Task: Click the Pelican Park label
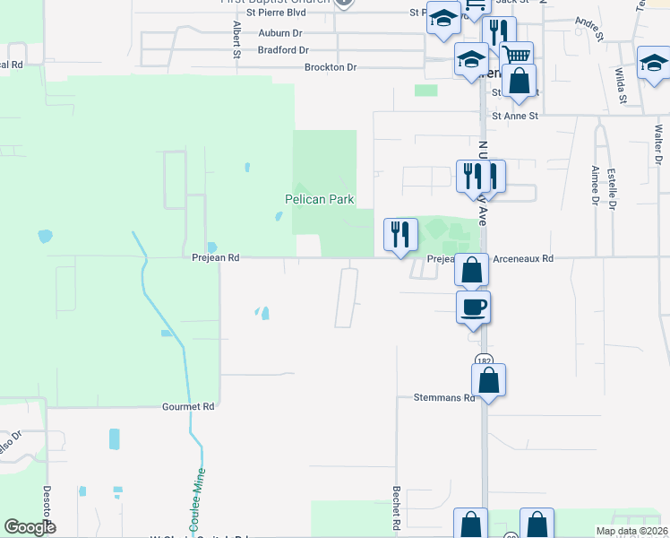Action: pos(319,199)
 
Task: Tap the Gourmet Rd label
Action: pos(188,406)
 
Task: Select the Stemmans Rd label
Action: pos(443,397)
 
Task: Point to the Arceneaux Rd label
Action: pos(523,258)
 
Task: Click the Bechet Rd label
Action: pos(395,508)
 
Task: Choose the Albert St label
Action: pos(236,40)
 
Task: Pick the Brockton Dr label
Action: pos(331,67)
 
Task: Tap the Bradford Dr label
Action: pos(283,50)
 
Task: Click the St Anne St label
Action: pos(515,116)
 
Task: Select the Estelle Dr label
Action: pos(613,189)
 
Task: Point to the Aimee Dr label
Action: pos(595,185)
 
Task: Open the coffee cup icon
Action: pos(474,307)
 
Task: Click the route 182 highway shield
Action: pos(485,360)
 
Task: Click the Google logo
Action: pos(30,527)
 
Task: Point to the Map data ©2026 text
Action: pos(631,531)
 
